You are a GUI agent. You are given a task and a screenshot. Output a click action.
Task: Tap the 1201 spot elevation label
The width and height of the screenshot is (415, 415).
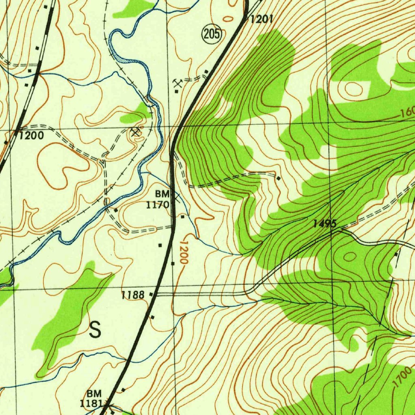(261, 19)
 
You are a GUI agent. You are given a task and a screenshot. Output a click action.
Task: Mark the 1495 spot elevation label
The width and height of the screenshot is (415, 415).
(324, 223)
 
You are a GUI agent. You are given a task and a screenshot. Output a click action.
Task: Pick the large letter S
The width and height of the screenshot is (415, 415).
(95, 330)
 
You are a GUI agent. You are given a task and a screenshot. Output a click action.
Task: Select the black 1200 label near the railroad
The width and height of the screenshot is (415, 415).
(32, 136)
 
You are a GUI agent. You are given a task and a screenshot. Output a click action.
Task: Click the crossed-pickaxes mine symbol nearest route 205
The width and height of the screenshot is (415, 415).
(177, 83)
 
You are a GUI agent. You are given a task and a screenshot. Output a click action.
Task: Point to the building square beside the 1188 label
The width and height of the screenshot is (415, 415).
(152, 293)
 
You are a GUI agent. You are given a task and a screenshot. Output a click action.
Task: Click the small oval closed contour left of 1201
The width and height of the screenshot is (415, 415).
(229, 18)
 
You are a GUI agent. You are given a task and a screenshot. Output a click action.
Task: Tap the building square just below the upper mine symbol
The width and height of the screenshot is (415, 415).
(177, 91)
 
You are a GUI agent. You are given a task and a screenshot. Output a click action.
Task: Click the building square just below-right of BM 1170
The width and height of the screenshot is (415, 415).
(183, 217)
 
